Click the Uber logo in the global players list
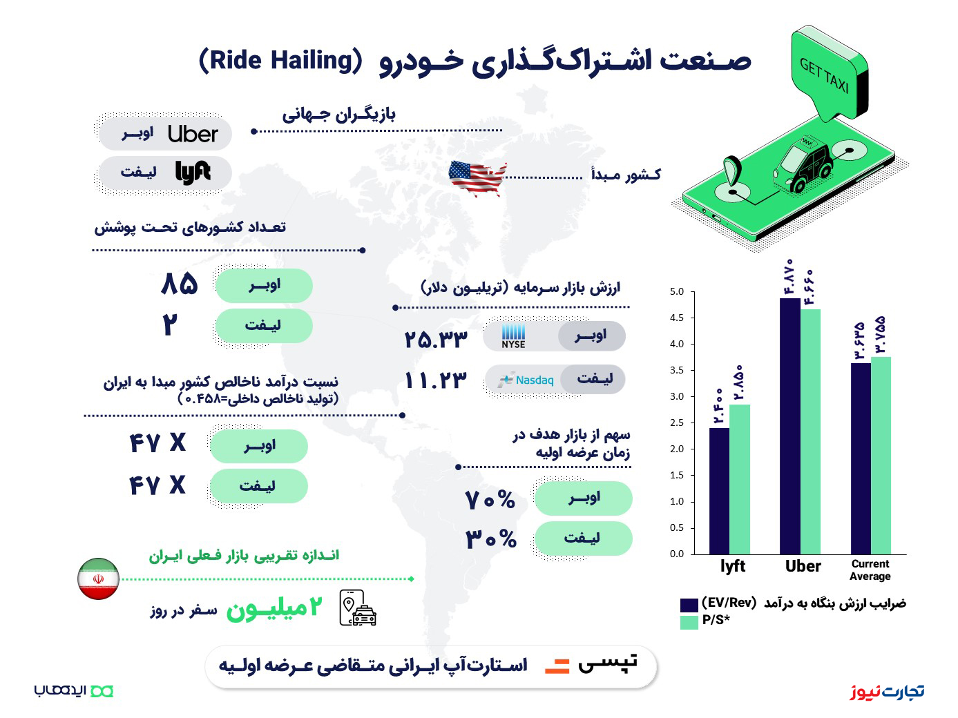(193, 134)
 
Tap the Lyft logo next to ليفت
(193, 173)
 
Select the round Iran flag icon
(98, 579)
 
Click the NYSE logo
(513, 336)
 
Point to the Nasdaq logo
(526, 380)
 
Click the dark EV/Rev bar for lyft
(719, 491)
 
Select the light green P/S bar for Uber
(810, 432)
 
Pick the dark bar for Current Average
(861, 458)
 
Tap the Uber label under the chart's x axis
(803, 566)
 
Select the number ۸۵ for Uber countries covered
(180, 284)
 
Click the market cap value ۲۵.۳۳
(436, 339)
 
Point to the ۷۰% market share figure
(490, 500)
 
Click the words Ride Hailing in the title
(280, 61)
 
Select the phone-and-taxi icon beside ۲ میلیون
(358, 608)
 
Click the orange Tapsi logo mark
(557, 666)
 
